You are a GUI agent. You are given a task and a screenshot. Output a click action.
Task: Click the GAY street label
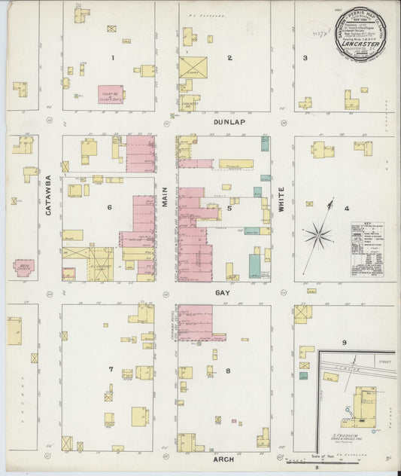(223, 291)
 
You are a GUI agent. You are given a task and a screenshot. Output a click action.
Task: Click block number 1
(114, 58)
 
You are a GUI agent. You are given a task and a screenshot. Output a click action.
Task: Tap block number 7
(111, 370)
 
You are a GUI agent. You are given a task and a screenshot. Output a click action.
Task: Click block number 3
(305, 58)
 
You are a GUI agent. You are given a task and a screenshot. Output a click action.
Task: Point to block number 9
(345, 343)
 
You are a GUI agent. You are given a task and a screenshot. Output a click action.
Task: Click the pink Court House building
(111, 93)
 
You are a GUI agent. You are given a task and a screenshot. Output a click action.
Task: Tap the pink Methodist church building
(24, 267)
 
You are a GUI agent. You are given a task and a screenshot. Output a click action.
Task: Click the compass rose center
(319, 236)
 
